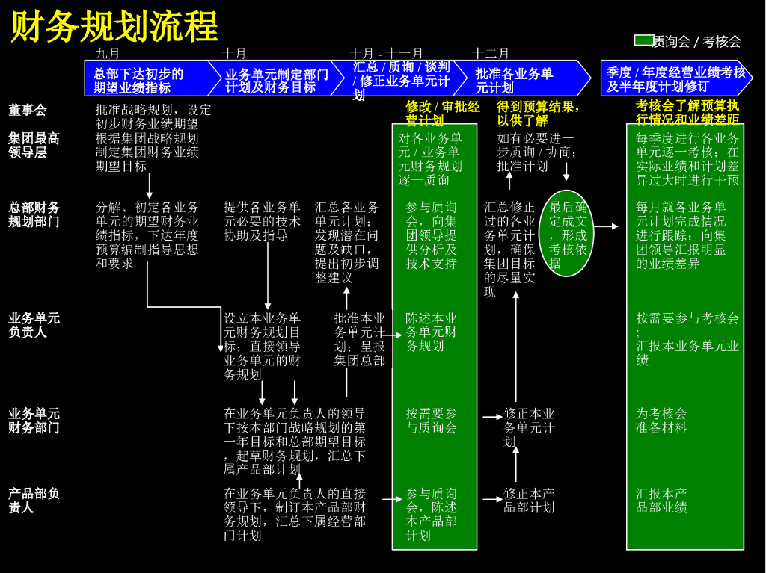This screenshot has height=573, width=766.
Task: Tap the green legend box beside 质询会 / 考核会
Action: [x=643, y=40]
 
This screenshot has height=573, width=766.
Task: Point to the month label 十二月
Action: [x=491, y=53]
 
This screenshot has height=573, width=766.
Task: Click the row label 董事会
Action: [x=28, y=110]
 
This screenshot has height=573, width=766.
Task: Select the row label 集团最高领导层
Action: [x=34, y=145]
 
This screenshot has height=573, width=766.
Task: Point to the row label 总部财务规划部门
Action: [x=34, y=214]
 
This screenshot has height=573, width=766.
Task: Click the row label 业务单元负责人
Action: [x=34, y=325]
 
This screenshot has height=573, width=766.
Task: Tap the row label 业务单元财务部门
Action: [x=34, y=421]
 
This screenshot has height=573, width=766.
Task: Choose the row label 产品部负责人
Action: [x=34, y=501]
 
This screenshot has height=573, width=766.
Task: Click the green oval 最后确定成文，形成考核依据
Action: [x=567, y=233]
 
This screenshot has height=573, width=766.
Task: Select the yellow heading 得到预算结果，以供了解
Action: [x=537, y=114]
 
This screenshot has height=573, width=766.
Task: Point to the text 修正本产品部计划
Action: [x=529, y=501]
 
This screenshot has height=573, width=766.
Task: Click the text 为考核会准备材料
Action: [x=661, y=421]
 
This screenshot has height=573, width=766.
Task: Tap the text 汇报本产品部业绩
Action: [x=661, y=501]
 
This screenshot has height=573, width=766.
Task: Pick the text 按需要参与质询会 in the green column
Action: [x=431, y=421]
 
